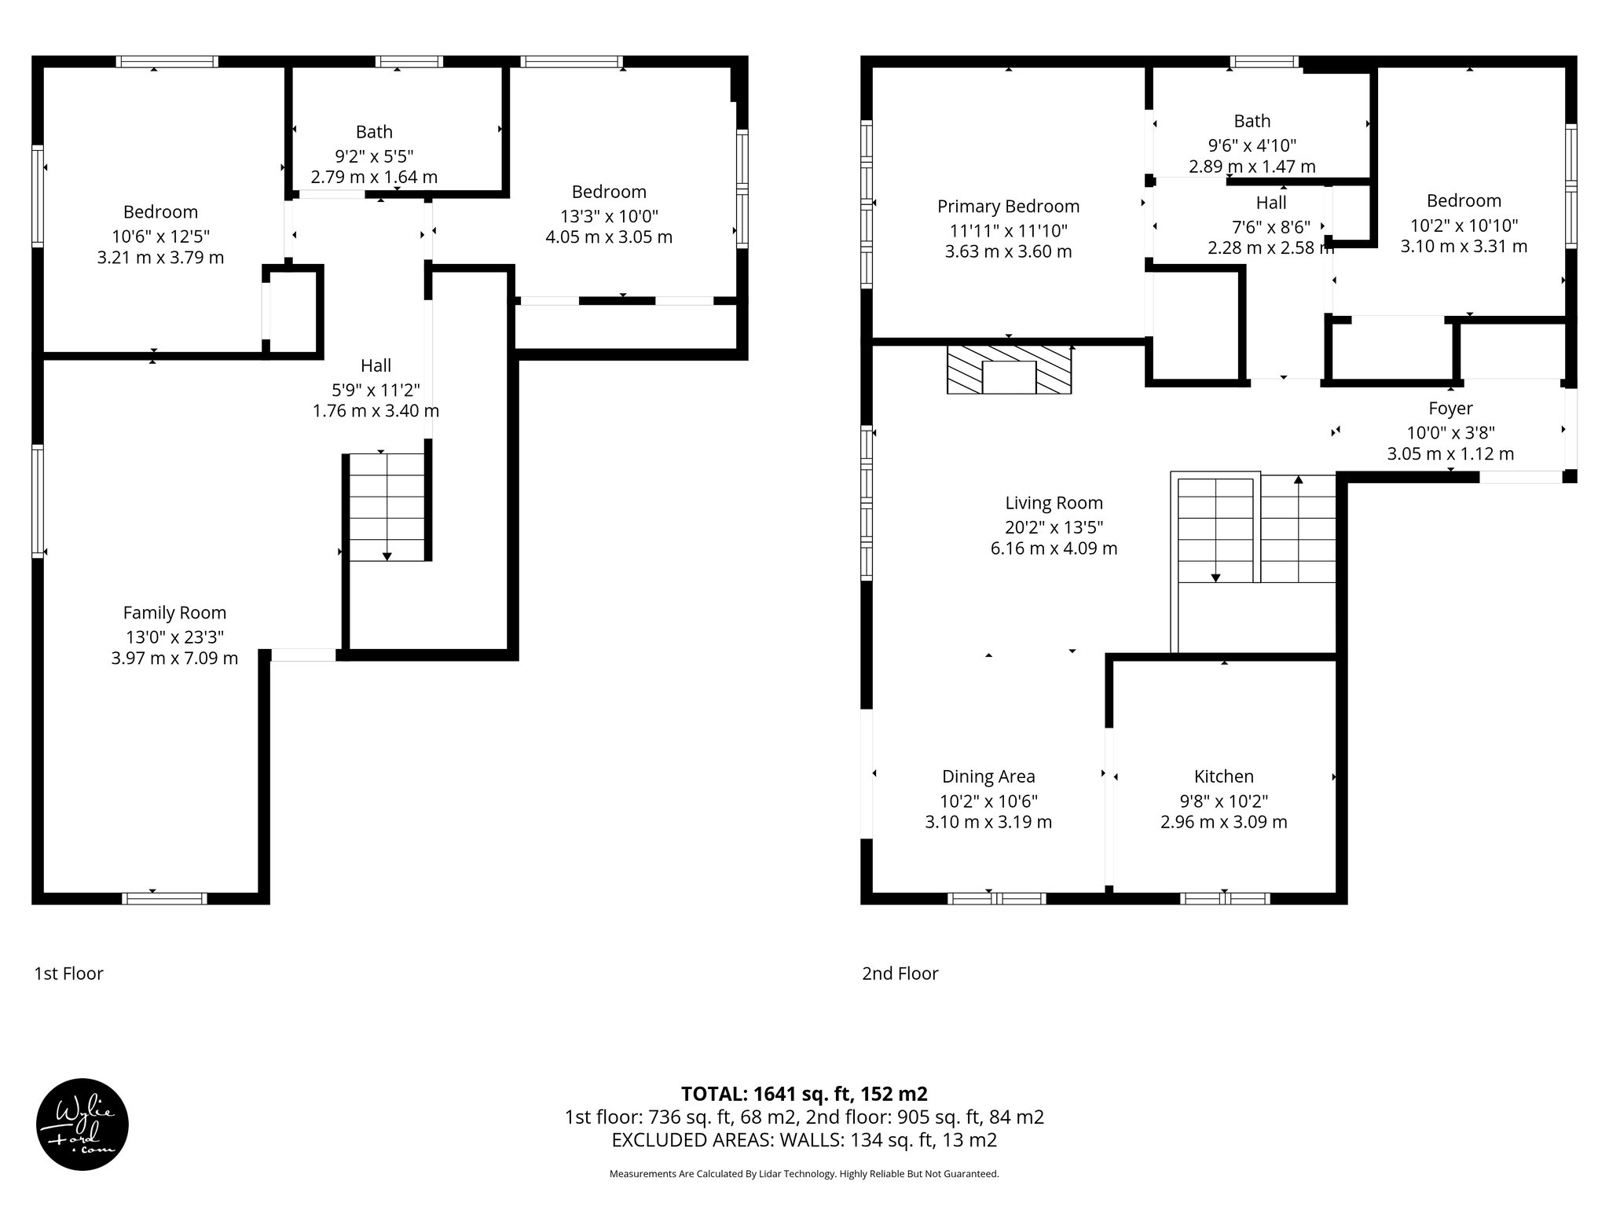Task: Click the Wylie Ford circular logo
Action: click(x=82, y=1124)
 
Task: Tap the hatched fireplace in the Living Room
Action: click(x=1010, y=369)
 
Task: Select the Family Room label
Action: click(x=174, y=612)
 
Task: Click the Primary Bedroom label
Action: click(x=1008, y=206)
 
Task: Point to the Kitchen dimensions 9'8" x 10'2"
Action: click(x=1223, y=801)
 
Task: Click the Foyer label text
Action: click(x=1450, y=408)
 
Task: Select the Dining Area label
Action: click(x=988, y=776)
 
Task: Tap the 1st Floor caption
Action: click(x=68, y=974)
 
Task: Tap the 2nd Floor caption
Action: click(x=900, y=974)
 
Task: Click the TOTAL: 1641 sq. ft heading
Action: click(x=804, y=1093)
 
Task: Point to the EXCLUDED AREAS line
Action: click(x=804, y=1140)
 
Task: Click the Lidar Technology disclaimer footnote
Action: click(x=804, y=1174)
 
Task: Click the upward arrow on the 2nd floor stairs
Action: click(x=1298, y=481)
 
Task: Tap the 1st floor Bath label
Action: click(x=374, y=131)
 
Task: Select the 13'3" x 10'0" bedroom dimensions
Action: click(x=609, y=215)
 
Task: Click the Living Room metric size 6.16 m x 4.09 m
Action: click(x=1054, y=548)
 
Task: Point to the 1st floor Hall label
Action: click(x=376, y=365)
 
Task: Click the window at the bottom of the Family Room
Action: click(x=164, y=898)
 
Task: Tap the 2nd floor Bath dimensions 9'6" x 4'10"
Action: click(x=1252, y=145)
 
